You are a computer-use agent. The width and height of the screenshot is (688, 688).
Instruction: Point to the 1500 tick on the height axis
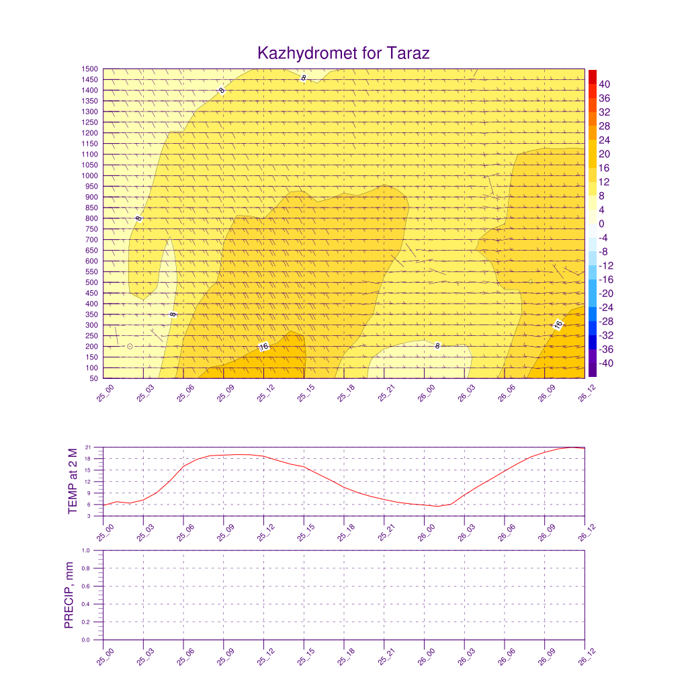[x=90, y=69]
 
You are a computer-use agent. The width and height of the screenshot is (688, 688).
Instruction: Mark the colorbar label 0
[x=601, y=224]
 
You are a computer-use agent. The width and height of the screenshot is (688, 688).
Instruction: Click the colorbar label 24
[x=604, y=140]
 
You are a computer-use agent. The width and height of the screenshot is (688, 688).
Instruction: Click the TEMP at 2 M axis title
[x=74, y=481]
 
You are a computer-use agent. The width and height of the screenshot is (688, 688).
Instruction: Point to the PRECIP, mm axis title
[x=69, y=595]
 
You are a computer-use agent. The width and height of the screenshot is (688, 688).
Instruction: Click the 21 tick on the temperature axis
[x=89, y=447]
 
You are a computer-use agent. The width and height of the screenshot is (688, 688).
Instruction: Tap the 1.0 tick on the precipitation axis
[x=86, y=550]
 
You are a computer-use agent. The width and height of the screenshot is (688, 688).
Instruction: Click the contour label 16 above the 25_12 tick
[x=263, y=347]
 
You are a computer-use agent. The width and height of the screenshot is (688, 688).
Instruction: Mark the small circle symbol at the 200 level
[x=130, y=346]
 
